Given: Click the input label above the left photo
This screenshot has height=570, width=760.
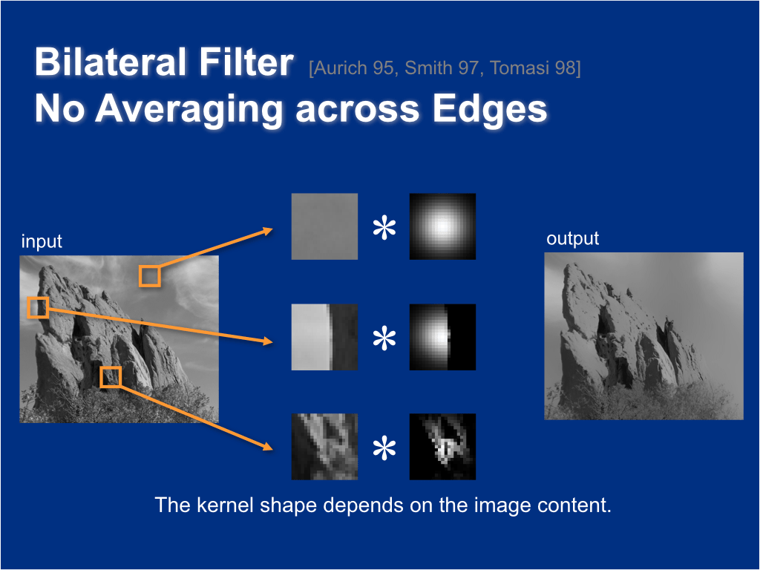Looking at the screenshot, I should pyautogui.click(x=42, y=242).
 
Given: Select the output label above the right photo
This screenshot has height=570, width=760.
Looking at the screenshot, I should pyautogui.click(x=572, y=239).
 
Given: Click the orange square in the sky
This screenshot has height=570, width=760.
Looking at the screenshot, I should pyautogui.click(x=150, y=276).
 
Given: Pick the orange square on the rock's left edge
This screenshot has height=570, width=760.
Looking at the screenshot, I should pyautogui.click(x=38, y=307).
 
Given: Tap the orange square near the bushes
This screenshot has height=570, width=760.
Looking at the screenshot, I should pyautogui.click(x=111, y=376).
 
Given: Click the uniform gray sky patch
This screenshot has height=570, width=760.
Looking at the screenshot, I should pyautogui.click(x=324, y=226).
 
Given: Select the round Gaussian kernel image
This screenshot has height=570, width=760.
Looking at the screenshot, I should pyautogui.click(x=442, y=226).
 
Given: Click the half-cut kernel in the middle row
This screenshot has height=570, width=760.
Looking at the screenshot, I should pyautogui.click(x=442, y=337).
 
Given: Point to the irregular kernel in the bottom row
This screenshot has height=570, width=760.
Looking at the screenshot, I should pyautogui.click(x=442, y=447).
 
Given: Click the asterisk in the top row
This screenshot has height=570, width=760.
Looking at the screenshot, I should pyautogui.click(x=384, y=229).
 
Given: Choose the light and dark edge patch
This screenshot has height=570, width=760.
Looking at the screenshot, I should pyautogui.click(x=324, y=337).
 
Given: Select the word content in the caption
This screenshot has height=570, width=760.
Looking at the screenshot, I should pyautogui.click(x=577, y=505).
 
